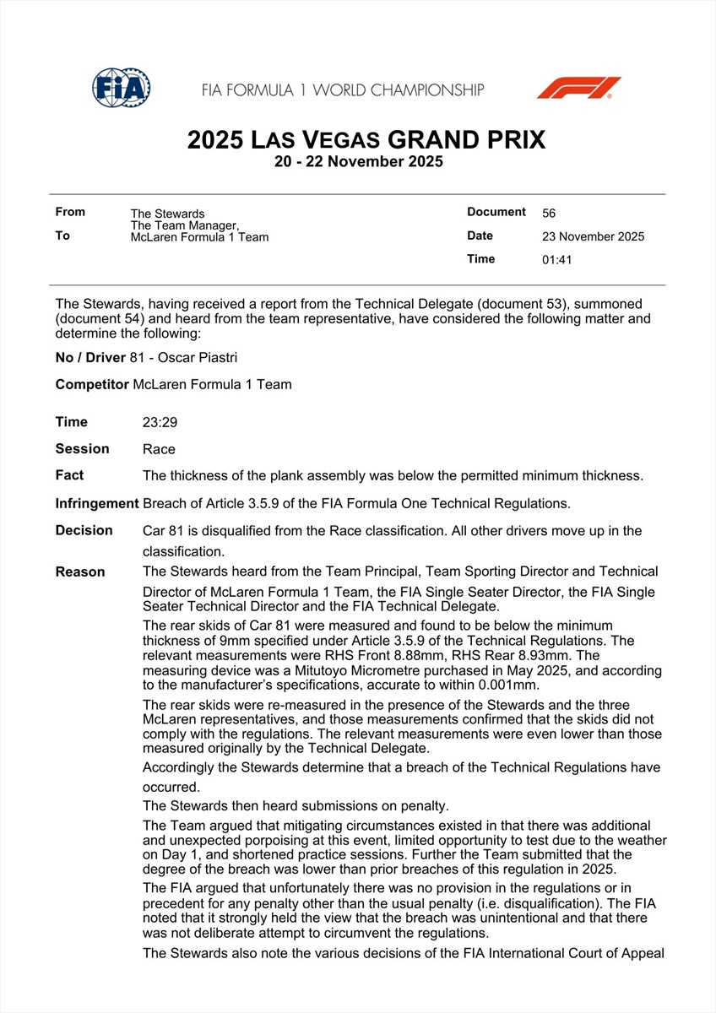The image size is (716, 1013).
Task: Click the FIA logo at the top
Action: click(x=122, y=88)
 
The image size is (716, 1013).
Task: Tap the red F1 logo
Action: click(x=578, y=88)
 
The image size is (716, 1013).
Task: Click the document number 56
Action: click(x=549, y=214)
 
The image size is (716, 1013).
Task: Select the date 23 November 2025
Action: click(x=593, y=236)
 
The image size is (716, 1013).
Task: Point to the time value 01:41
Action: click(x=556, y=260)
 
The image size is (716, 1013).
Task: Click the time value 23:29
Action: click(x=160, y=422)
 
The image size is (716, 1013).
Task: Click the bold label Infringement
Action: click(x=97, y=503)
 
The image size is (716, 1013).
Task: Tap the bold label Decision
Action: click(x=84, y=530)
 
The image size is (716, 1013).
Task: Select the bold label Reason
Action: click(x=80, y=572)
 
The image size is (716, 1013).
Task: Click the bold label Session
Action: click(x=82, y=448)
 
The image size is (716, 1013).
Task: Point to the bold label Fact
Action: click(x=69, y=475)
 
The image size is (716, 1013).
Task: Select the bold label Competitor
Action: click(x=92, y=384)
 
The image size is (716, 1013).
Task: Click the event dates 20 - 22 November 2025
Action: click(x=358, y=162)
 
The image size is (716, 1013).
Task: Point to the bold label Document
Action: click(x=496, y=212)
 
